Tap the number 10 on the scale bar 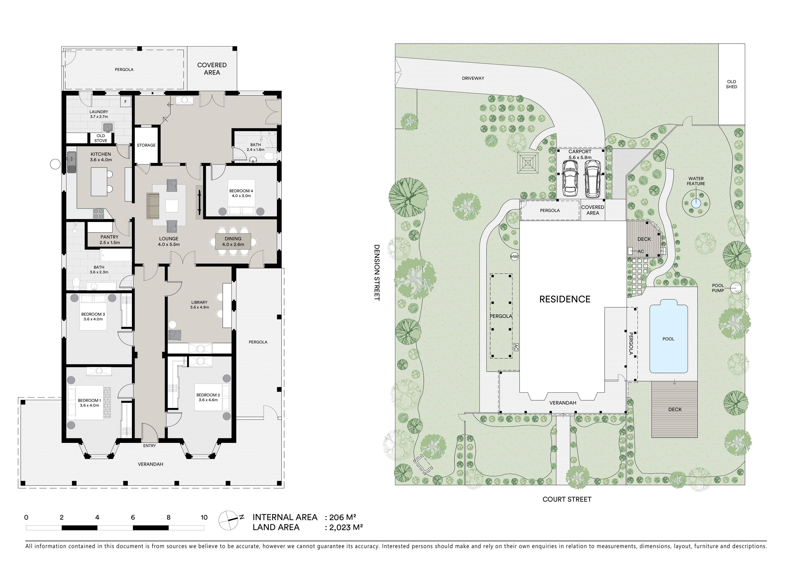[x=204, y=517]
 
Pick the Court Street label [x=567, y=499]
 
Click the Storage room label [x=146, y=145]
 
